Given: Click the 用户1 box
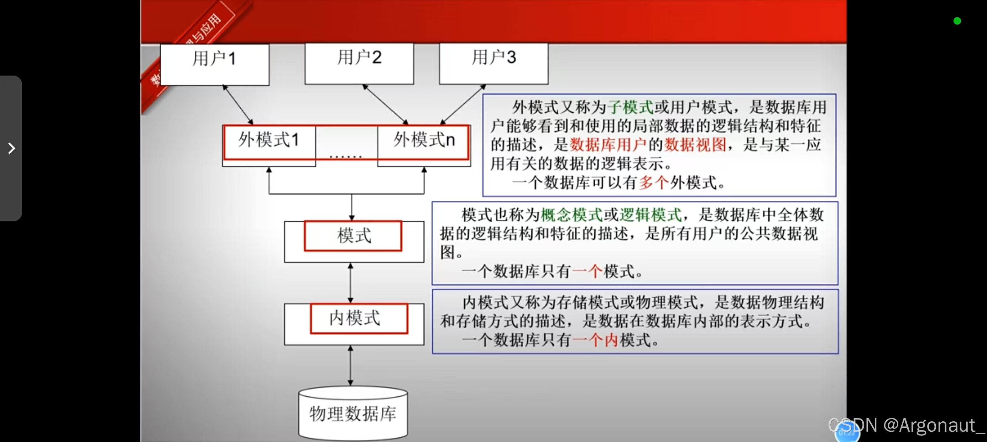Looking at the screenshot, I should click(215, 64).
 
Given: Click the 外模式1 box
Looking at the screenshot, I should click(269, 142).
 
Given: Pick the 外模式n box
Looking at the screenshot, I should click(423, 142).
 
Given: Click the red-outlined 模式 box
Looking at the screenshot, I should click(353, 236).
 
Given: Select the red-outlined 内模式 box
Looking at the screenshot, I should click(359, 318).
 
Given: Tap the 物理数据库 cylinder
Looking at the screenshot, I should click(352, 413).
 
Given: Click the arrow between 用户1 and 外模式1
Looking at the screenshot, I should click(238, 105).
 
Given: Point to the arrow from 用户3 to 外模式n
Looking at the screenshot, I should click(463, 104).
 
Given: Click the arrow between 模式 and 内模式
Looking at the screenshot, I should click(350, 283).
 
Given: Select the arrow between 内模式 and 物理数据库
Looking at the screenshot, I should click(350, 366).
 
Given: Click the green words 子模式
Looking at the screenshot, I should click(630, 107).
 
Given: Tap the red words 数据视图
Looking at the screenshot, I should click(695, 145).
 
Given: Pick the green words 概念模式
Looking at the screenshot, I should click(572, 215).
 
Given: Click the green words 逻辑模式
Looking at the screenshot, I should click(651, 215).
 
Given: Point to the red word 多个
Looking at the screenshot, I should click(654, 183).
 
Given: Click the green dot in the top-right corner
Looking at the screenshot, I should click(957, 21).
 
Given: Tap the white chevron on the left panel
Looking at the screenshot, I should click(11, 148).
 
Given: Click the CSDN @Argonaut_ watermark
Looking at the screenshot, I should click(906, 425).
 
